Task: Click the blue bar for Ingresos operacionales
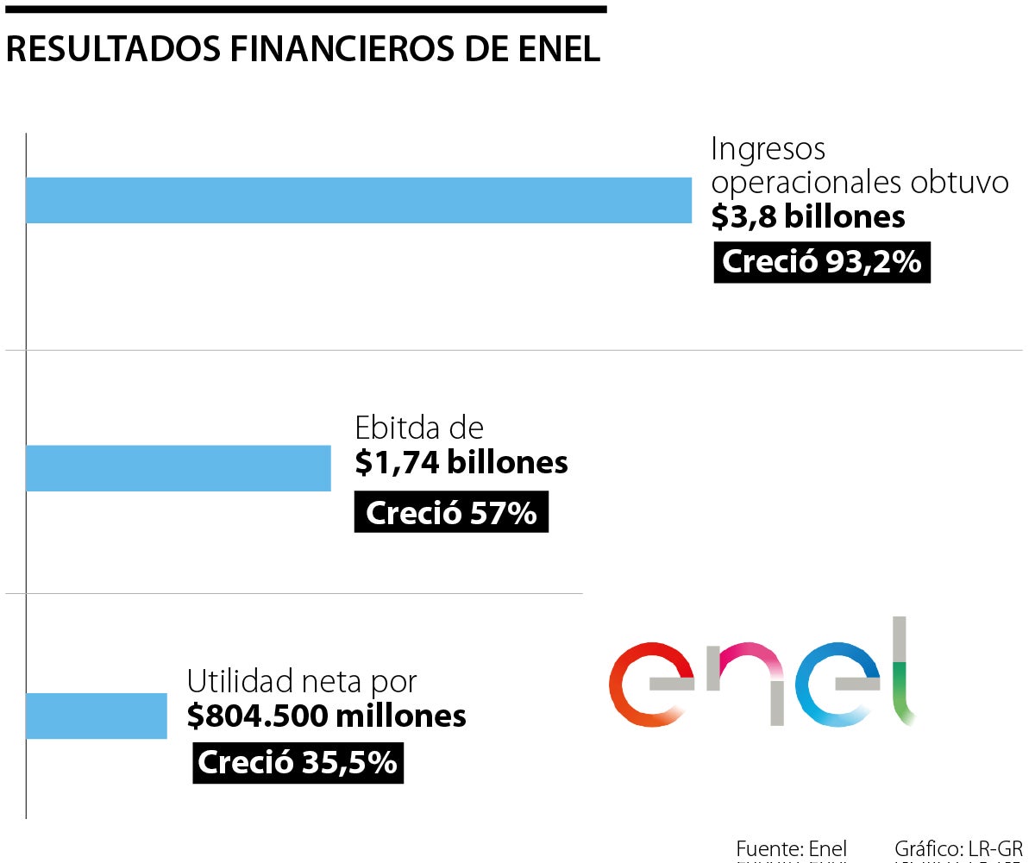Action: (358, 200)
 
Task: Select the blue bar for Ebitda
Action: (178, 468)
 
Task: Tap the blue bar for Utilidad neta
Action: (96, 716)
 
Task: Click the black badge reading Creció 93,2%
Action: (822, 262)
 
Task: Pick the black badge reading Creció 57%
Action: (451, 513)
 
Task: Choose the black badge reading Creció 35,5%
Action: (298, 763)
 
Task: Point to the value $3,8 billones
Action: (808, 216)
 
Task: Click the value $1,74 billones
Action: (461, 463)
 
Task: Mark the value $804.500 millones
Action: (327, 716)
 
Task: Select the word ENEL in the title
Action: (561, 49)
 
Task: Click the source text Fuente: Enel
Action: (791, 848)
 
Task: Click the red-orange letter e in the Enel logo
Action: (649, 685)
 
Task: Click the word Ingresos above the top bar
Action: (768, 149)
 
